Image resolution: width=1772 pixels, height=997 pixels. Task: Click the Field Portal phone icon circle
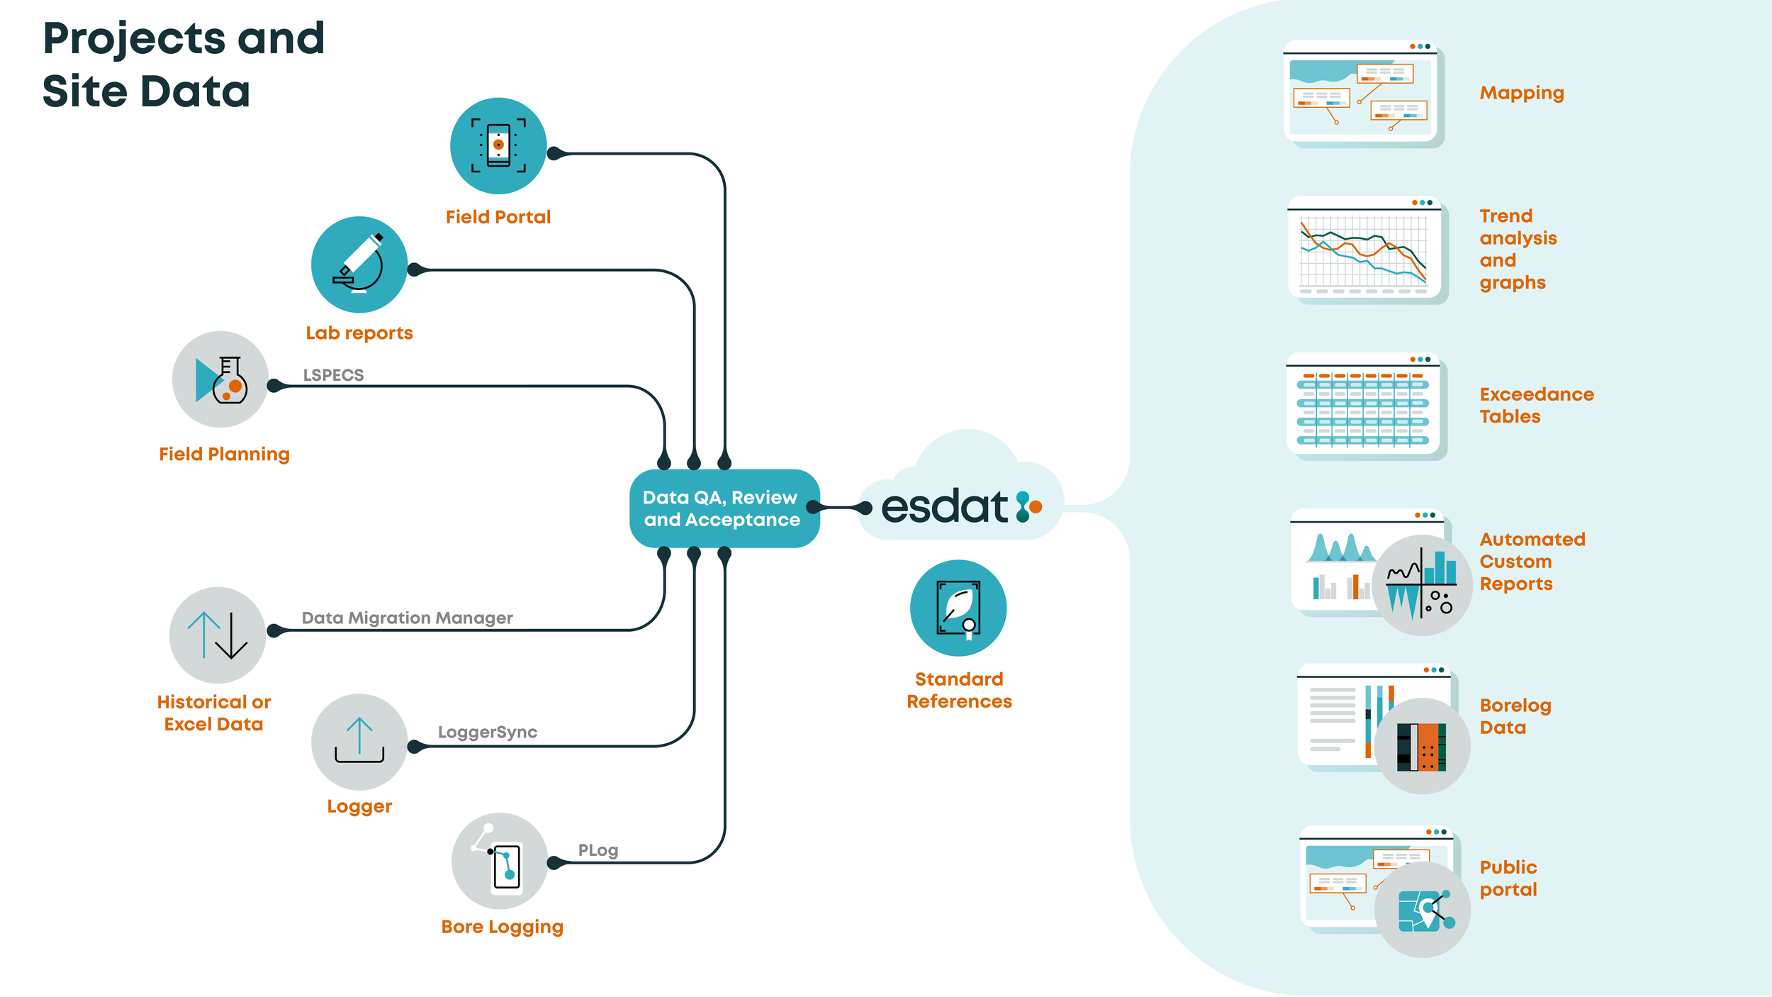[498, 146]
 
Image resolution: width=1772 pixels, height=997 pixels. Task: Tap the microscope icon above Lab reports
[359, 264]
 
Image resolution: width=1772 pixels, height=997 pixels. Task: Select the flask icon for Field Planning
[220, 379]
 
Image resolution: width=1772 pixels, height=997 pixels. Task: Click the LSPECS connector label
[333, 375]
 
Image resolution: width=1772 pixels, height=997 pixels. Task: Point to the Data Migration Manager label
[407, 618]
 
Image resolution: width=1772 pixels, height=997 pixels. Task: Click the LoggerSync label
[488, 732]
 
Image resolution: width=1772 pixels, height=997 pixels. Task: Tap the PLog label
[598, 850]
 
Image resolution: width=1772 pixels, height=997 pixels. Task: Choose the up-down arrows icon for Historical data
[218, 635]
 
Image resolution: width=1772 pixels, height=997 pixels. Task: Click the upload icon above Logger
[359, 742]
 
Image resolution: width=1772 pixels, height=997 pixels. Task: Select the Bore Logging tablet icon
[500, 861]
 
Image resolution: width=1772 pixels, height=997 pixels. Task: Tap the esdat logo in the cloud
[960, 506]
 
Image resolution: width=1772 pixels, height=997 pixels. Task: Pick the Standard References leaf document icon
[958, 608]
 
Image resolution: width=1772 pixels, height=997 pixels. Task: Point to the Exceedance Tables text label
[1536, 405]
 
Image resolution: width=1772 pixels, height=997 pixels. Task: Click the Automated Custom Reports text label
[1532, 562]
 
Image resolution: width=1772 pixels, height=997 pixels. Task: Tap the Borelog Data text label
[1515, 716]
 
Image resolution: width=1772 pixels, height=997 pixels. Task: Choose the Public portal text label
[1508, 878]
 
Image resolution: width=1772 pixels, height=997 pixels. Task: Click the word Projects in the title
[135, 38]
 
